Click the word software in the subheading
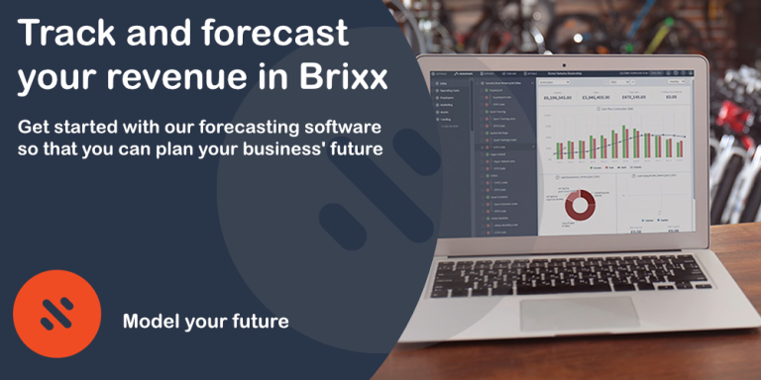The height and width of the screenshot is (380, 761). click(x=341, y=129)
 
